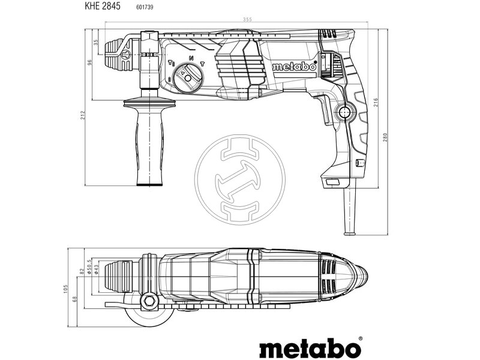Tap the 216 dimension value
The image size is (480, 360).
(368, 103)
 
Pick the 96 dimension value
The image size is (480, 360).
(90, 63)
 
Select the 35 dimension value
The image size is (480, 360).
(96, 42)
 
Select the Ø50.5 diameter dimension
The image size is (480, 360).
(89, 266)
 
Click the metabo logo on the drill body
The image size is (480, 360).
(293, 67)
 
